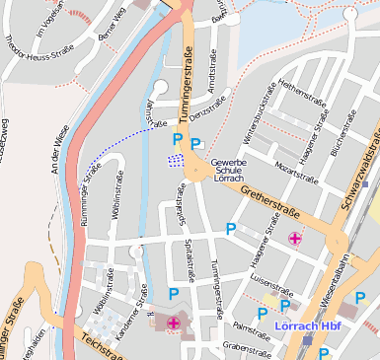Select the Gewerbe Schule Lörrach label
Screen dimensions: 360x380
234,170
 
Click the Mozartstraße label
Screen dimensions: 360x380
295,173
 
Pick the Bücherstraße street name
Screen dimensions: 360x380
350,139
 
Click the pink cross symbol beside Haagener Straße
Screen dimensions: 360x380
295,238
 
